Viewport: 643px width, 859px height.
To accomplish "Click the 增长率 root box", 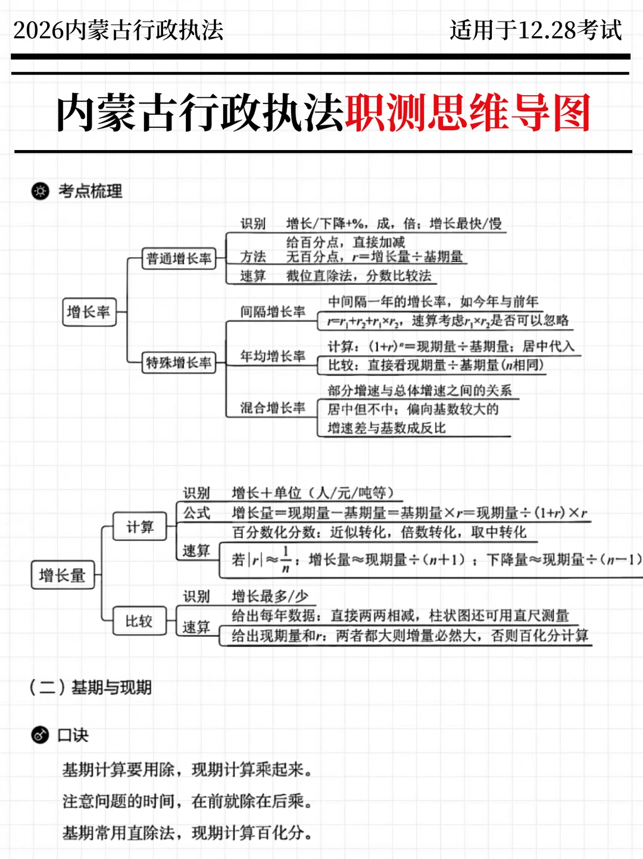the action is click(89, 312).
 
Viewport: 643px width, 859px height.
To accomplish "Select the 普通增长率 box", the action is click(179, 258).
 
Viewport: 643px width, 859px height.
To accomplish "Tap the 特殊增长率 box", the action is click(179, 363).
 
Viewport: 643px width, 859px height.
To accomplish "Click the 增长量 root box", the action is click(63, 576).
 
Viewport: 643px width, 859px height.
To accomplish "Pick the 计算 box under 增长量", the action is click(140, 527).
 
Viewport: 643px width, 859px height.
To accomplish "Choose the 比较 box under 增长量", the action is click(139, 621).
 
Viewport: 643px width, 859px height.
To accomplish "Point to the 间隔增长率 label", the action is click(273, 312).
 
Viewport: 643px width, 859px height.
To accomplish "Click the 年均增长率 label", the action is click(273, 356).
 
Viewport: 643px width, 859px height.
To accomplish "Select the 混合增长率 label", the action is click(273, 408).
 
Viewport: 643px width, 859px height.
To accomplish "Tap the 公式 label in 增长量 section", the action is click(196, 513).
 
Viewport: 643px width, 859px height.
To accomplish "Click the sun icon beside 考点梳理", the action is click(40, 191).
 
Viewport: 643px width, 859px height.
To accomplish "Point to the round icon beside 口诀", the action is click(40, 735).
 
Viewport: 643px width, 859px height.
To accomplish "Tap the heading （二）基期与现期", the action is click(90, 688).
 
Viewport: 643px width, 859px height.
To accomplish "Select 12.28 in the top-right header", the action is click(547, 30).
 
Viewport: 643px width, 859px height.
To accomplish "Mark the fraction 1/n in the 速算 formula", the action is click(286, 559).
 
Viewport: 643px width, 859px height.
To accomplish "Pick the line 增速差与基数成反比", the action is click(386, 428).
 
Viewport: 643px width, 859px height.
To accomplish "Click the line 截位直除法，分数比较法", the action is click(358, 276).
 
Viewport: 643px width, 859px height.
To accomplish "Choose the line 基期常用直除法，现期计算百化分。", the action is click(188, 833).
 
